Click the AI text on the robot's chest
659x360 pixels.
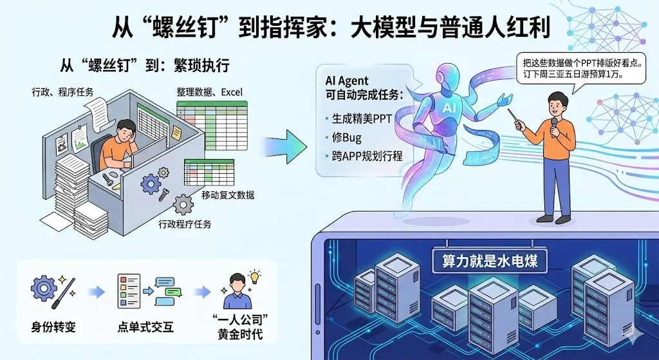pyautogui.click(x=448, y=109)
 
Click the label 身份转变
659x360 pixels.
pyautogui.click(x=53, y=327)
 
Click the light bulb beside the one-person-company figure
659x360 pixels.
pyautogui.click(x=254, y=278)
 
